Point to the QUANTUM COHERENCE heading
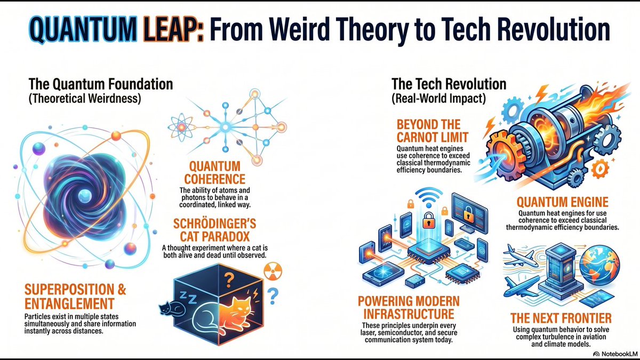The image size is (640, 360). pos(214,172)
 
